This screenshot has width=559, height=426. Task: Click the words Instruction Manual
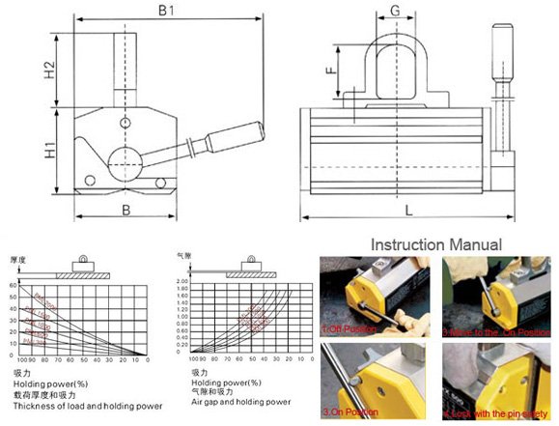click(436, 244)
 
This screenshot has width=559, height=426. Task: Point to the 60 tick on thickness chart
click(14, 286)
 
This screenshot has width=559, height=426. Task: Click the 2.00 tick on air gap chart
click(180, 280)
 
